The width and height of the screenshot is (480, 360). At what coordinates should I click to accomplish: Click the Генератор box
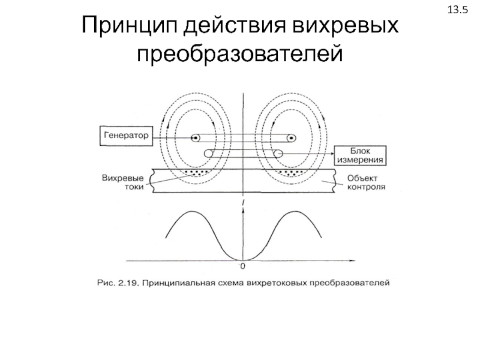coord(126,136)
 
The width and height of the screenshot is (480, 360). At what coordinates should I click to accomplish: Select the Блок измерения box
coord(360,155)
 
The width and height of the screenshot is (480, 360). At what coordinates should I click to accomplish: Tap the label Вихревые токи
coord(123,182)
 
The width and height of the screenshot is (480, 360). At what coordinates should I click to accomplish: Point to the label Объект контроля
coord(366,182)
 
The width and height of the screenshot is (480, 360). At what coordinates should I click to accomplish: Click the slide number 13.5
coord(458,10)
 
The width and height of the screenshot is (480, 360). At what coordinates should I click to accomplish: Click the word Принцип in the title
coord(130,26)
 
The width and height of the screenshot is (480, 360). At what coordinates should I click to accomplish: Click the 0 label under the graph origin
coord(243,266)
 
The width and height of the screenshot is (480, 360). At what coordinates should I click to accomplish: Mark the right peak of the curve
coord(296,211)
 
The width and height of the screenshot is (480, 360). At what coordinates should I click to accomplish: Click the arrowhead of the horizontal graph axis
coord(352,261)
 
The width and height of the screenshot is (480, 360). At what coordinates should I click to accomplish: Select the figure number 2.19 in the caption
coord(130,283)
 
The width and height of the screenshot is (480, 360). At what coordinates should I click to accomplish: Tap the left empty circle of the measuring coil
coord(208,154)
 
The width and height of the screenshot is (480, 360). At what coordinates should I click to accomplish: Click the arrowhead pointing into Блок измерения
coord(332,154)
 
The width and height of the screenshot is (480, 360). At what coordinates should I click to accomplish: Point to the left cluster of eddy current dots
coord(197,173)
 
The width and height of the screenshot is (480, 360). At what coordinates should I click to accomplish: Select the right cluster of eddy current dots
coord(291,173)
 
